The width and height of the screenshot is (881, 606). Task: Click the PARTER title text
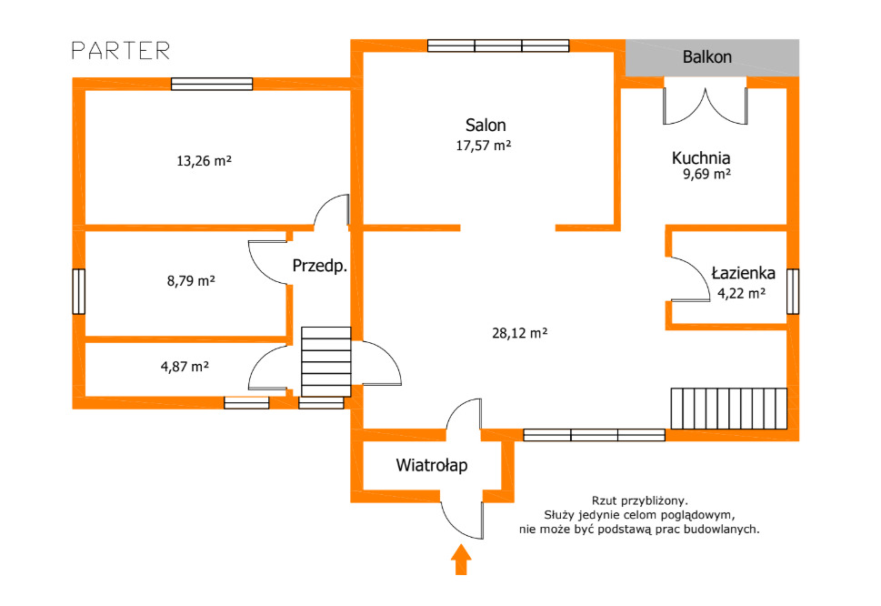pos(121,51)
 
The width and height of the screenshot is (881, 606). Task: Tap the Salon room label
pos(486,125)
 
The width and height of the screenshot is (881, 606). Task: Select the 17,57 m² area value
pos(483,146)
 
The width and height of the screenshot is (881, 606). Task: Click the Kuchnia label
pos(701,158)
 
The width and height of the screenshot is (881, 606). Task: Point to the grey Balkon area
pos(713,57)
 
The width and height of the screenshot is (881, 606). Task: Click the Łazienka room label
pos(744,273)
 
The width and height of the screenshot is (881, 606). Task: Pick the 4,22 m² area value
pos(741,293)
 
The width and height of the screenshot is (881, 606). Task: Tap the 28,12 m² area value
pos(520,333)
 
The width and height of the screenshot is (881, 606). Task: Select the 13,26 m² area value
pos(204,161)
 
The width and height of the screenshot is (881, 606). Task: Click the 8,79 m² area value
pos(191,280)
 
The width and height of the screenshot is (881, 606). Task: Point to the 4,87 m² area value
pos(185,367)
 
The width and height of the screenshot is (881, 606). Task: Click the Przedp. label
pos(320,266)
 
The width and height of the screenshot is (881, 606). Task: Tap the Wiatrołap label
pos(432,466)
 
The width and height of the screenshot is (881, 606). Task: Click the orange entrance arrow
pos(461,560)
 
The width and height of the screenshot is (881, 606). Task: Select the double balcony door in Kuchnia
pos(706,105)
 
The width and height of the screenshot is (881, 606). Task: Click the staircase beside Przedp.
pos(325,362)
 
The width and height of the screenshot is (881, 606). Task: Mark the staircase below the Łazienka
pos(729,409)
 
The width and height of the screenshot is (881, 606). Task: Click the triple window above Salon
pos(498,45)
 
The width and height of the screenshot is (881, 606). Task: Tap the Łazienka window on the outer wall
pos(793,291)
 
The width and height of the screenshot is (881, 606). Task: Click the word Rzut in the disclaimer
pos(604,500)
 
